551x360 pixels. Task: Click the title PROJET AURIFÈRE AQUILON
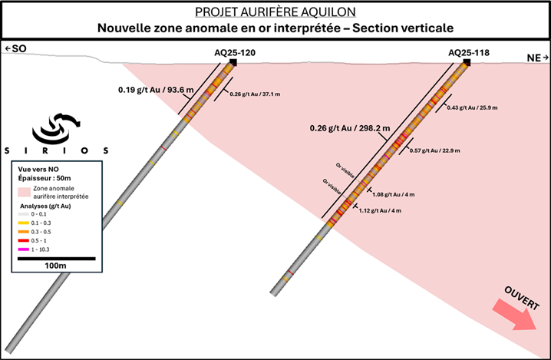(x=275, y=12)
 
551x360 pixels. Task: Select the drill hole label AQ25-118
(x=469, y=52)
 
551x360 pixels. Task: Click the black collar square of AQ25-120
(x=233, y=62)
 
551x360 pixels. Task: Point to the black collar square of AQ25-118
(x=467, y=62)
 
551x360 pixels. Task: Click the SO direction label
(x=15, y=49)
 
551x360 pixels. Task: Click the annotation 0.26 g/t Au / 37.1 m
(x=256, y=94)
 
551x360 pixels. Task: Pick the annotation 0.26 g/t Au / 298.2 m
(x=349, y=127)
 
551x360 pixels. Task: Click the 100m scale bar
(x=56, y=258)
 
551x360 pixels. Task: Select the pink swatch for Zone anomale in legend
(x=25, y=191)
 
